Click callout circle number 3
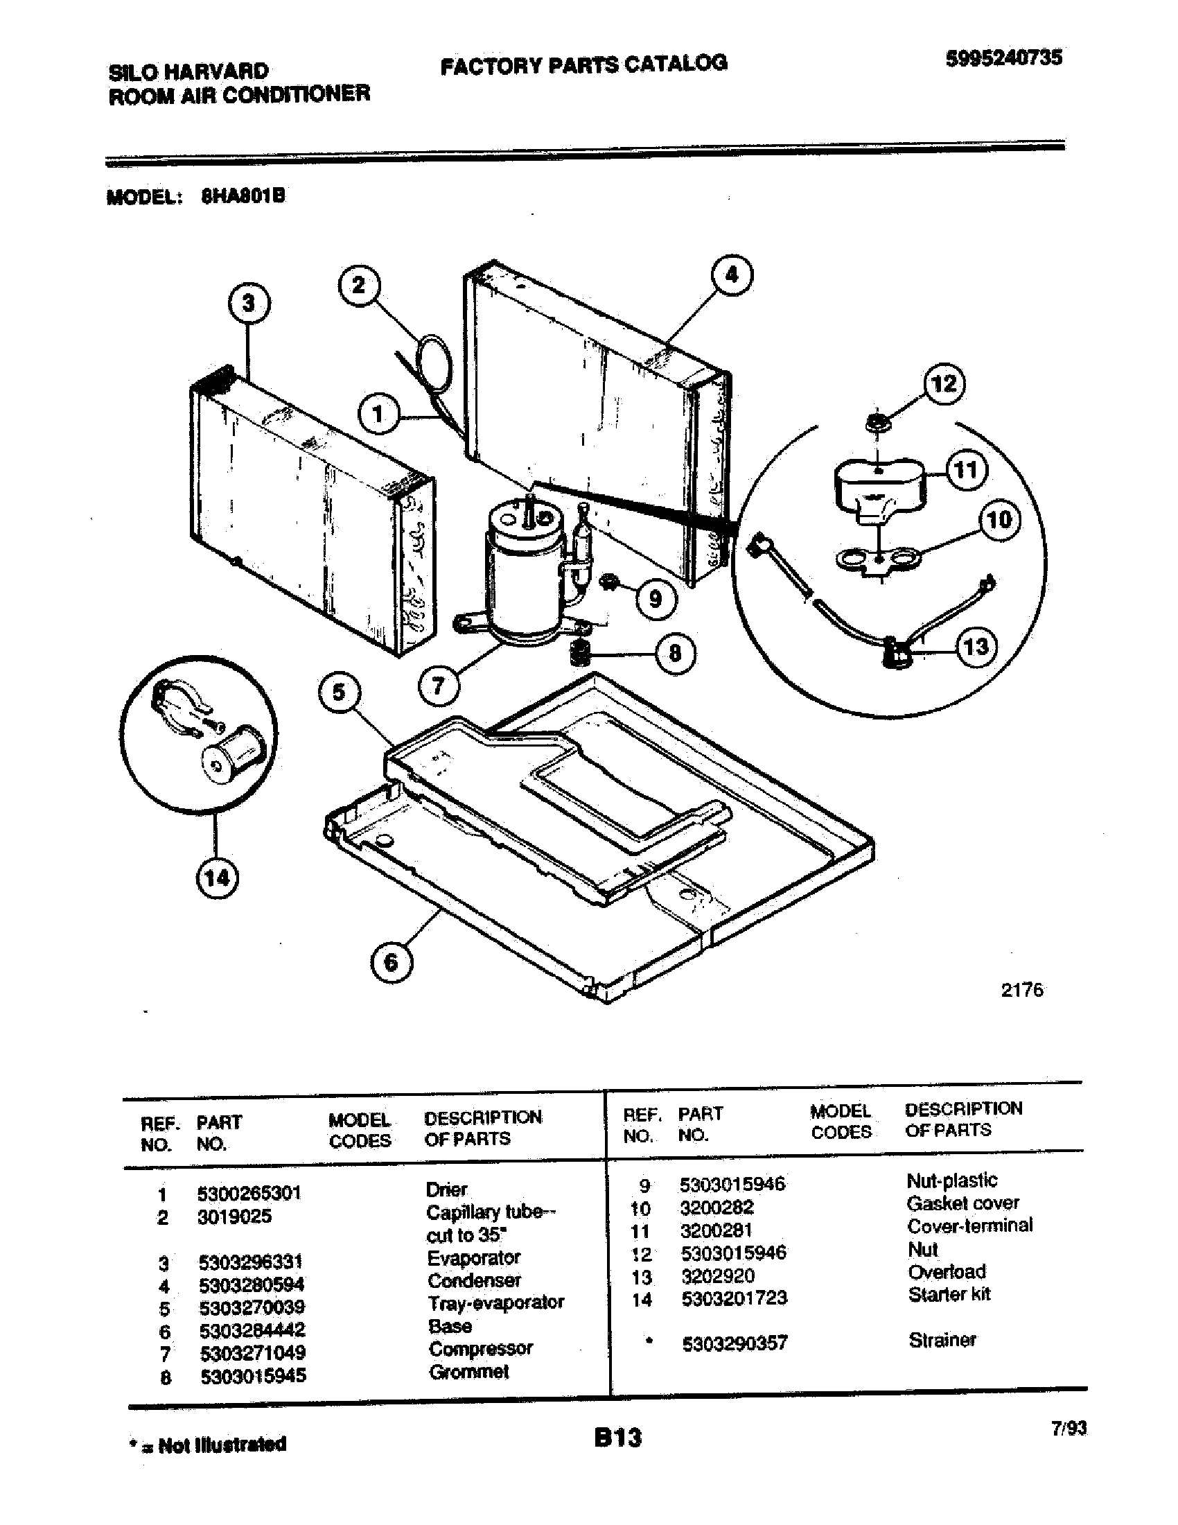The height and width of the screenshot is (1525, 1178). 249,304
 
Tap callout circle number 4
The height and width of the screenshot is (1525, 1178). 731,274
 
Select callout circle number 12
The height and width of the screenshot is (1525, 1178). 944,383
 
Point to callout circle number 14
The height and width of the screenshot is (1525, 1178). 216,878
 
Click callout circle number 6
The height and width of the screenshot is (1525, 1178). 391,962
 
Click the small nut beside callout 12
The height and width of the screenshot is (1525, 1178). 874,422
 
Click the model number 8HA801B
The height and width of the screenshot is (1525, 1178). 243,196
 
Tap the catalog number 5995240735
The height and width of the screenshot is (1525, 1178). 1003,58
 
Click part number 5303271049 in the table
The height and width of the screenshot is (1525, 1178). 253,1352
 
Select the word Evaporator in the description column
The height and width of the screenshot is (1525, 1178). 474,1257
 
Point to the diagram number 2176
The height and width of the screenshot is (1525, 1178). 1021,989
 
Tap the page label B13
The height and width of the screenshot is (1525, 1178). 617,1438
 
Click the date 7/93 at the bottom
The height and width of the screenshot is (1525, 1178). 1069,1428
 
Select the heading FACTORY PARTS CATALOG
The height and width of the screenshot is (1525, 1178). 583,64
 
